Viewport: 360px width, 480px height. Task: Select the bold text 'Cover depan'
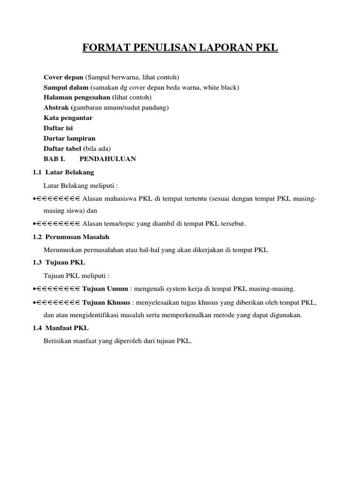[x=63, y=77]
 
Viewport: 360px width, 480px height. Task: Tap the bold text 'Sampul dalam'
[x=66, y=87]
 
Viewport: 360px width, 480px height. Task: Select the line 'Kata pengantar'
[x=68, y=118]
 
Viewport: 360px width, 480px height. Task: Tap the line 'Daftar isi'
[x=58, y=128]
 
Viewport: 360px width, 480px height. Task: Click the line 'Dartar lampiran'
[x=69, y=138]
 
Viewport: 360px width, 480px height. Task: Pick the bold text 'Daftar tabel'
[x=62, y=149]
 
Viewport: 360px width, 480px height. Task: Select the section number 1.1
[x=37, y=172]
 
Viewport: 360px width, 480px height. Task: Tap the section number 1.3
[x=37, y=262]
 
